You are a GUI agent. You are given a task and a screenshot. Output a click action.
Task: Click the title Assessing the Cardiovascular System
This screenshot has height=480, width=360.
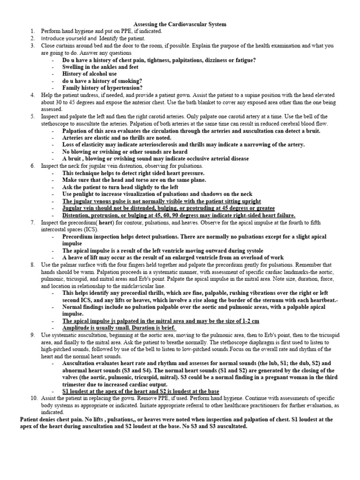click(x=180, y=24)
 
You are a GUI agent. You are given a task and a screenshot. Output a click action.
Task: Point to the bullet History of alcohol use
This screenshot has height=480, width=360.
click(x=90, y=74)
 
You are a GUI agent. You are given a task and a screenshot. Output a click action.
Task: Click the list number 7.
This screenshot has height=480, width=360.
click(x=33, y=222)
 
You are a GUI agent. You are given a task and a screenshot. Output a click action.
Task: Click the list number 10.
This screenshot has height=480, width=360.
click(x=34, y=398)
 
